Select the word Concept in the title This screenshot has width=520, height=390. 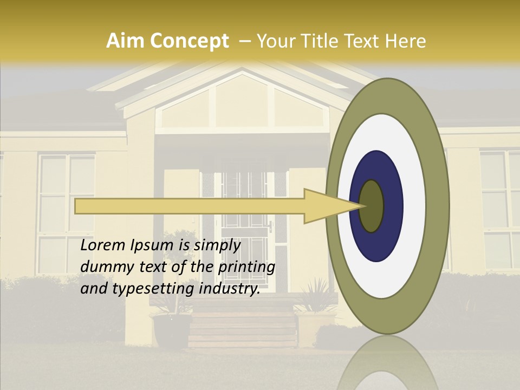(189, 41)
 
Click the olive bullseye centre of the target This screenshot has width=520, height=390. (372, 206)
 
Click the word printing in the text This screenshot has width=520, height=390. (246, 267)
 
